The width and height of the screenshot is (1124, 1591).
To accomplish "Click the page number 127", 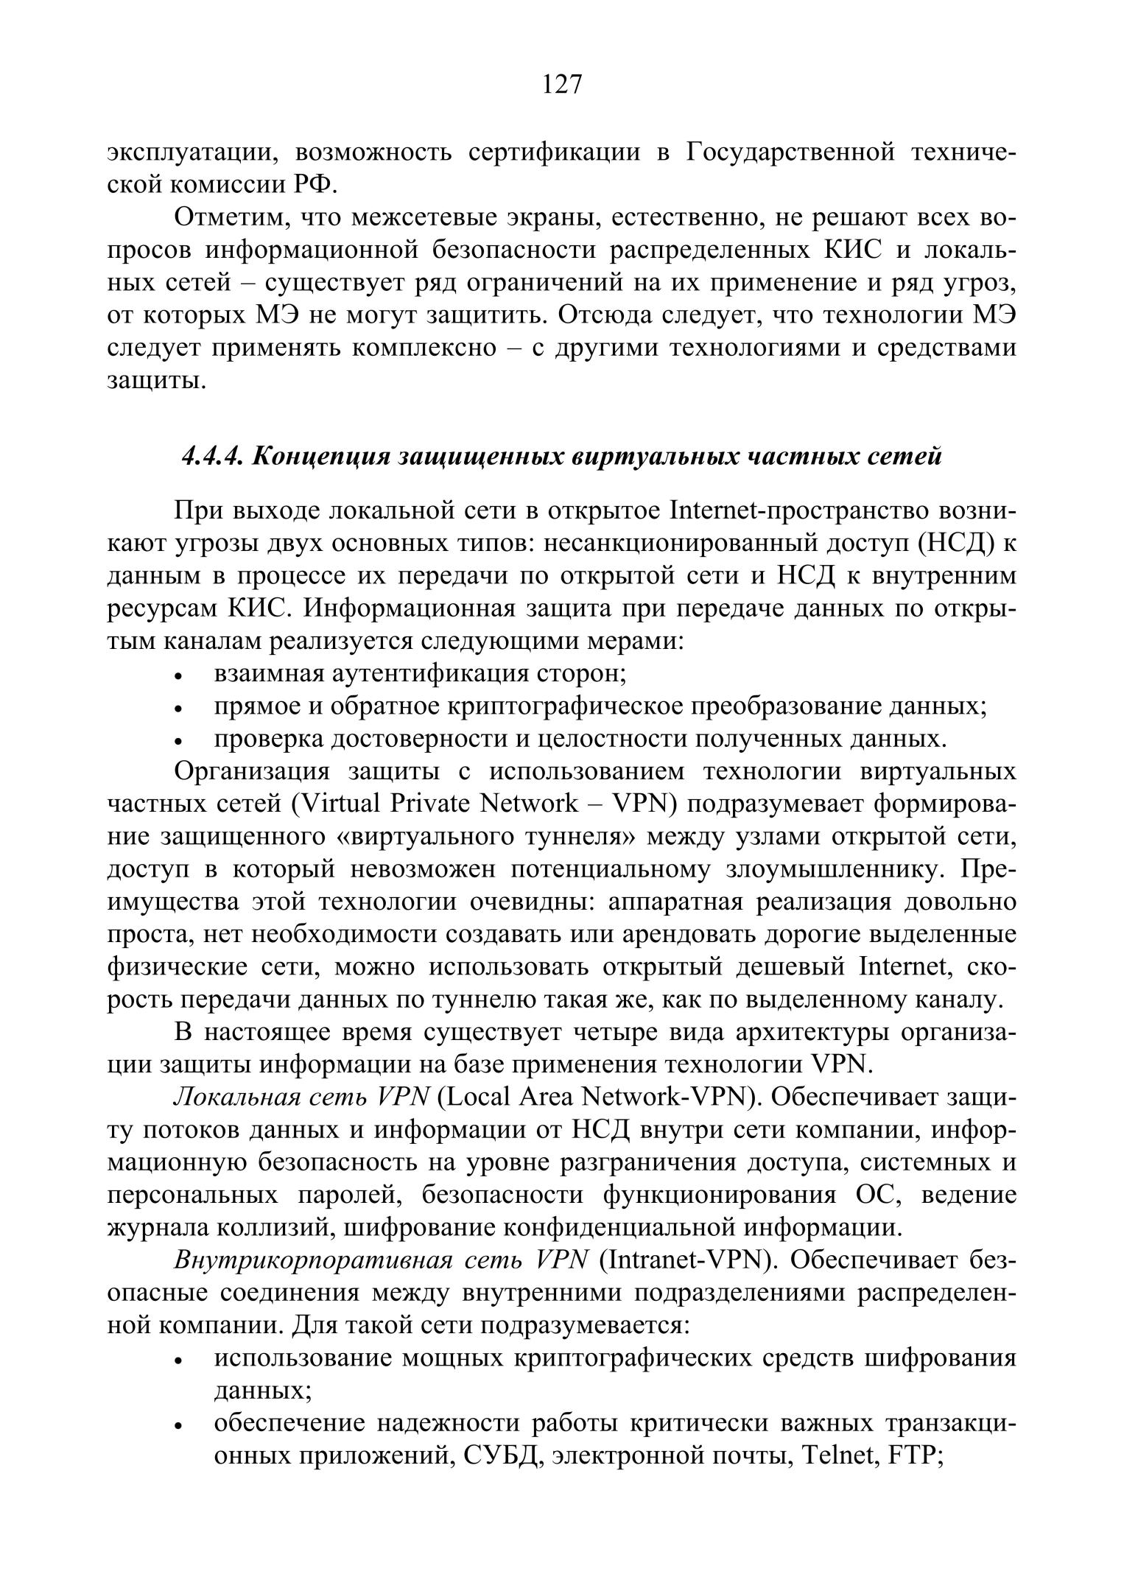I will coord(562,85).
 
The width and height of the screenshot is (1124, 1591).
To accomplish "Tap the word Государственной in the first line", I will coord(791,152).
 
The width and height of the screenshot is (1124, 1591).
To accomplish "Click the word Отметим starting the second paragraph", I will coord(225,218).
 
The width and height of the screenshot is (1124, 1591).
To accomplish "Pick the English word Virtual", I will coord(336,804).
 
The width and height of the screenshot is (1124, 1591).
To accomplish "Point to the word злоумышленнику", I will coord(836,869).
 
